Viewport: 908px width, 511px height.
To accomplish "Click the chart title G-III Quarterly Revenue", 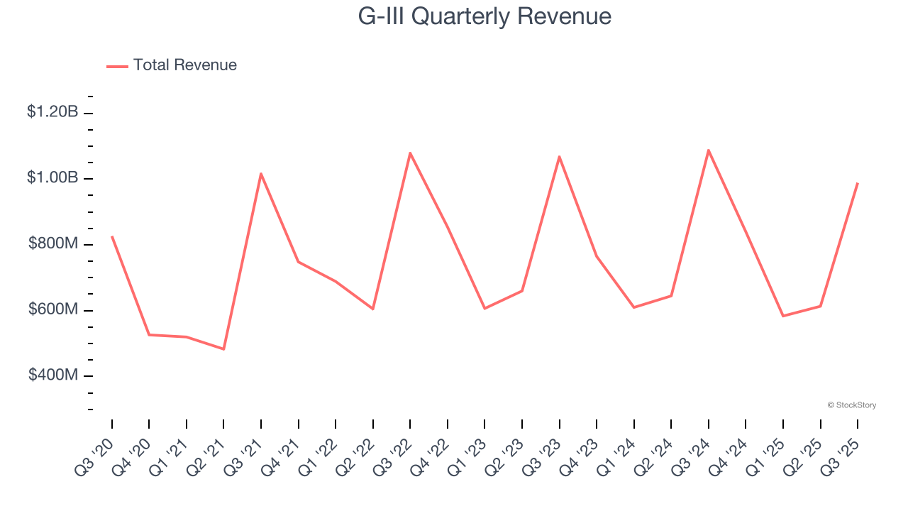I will click(485, 16).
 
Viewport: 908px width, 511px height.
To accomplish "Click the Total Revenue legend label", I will click(184, 65).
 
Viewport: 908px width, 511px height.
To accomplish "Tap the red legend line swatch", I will click(117, 66).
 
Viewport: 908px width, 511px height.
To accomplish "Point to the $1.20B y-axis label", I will click(52, 111).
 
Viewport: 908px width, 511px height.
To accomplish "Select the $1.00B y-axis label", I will click(52, 177).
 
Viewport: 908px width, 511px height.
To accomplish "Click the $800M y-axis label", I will click(53, 243).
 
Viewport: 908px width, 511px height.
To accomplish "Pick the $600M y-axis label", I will click(53, 309).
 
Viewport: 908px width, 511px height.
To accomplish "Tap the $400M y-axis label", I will click(53, 375).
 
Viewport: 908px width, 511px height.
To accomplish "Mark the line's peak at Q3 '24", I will click(709, 150).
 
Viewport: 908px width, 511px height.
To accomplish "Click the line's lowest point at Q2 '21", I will click(223, 349).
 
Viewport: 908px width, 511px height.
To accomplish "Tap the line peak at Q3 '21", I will click(261, 173).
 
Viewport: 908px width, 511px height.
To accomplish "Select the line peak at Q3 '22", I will click(410, 153).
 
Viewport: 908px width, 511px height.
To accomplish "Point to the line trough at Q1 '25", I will click(783, 316).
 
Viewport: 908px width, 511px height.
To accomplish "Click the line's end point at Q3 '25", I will click(858, 183).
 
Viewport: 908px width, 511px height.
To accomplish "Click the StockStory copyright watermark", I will click(851, 405).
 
